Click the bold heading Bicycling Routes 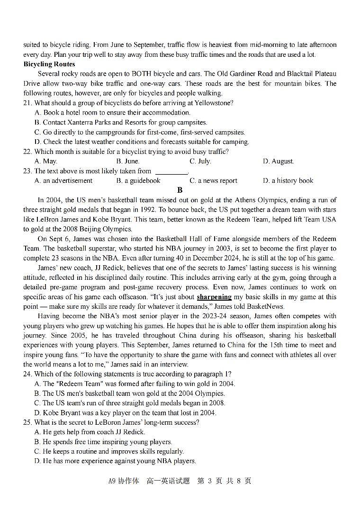coord(49,64)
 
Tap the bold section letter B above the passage coord(180,190)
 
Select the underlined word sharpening coord(214,297)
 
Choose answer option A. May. coord(46,161)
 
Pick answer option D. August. coord(278,161)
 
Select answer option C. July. coord(200,161)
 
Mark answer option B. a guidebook coord(138,180)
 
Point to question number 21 coord(27,103)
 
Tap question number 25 coord(27,422)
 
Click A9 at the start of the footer coord(112,481)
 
